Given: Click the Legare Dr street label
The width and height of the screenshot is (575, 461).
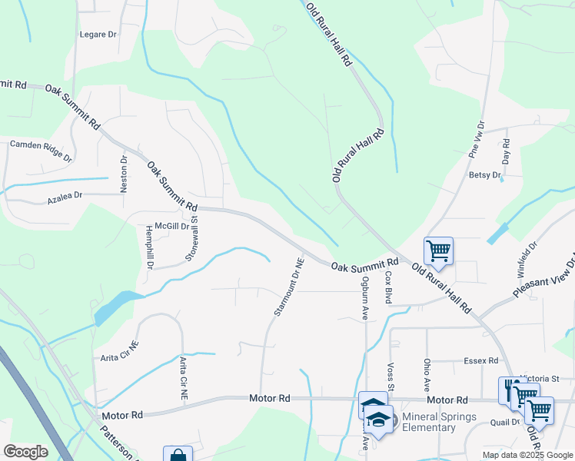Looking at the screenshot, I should click(98, 35).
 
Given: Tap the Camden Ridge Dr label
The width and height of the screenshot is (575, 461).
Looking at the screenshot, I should click(40, 151).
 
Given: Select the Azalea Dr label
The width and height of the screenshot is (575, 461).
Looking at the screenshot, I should click(65, 197).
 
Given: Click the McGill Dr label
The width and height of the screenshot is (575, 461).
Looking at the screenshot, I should click(171, 226).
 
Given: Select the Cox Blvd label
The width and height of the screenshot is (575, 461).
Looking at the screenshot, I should click(389, 287).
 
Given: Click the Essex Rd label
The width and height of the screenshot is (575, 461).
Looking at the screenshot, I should click(482, 360).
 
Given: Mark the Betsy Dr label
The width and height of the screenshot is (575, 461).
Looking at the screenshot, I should click(484, 175).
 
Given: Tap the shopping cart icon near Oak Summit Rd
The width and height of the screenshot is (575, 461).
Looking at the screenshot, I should click(438, 250).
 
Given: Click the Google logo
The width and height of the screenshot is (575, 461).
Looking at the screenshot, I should click(25, 451).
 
